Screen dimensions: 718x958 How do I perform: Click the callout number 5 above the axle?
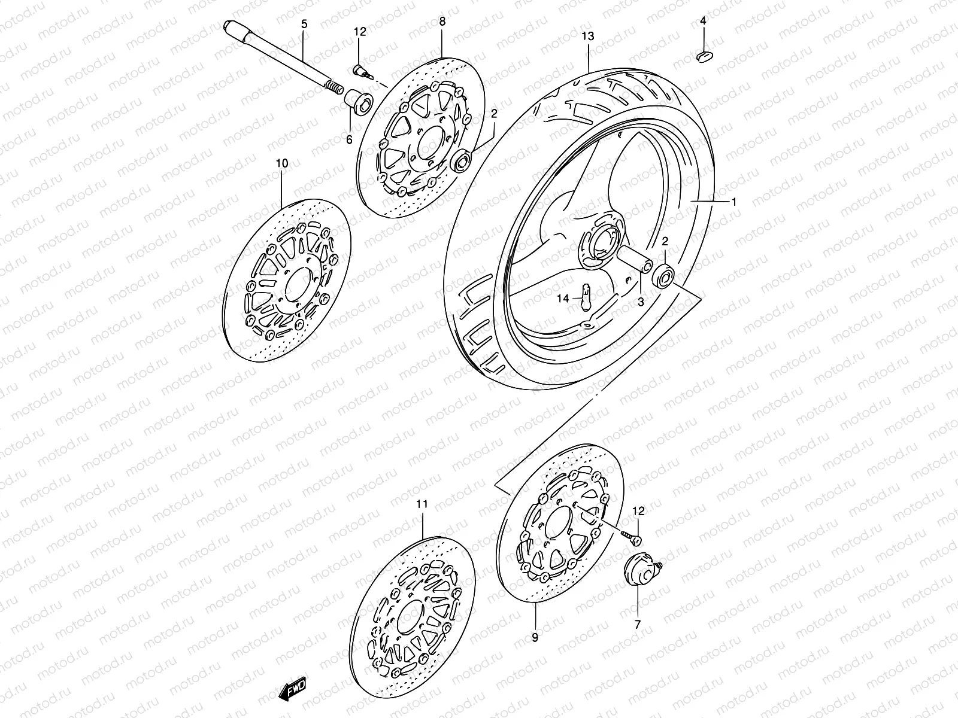304,25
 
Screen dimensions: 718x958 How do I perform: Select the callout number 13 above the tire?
587,36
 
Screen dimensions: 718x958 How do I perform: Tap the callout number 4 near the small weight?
703,22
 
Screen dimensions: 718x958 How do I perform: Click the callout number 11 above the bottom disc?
422,504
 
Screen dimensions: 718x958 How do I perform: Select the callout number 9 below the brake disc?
535,638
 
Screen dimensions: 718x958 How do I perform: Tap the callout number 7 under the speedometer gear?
637,624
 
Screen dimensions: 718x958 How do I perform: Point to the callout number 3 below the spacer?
640,303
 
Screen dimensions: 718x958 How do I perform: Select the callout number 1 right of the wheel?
734,202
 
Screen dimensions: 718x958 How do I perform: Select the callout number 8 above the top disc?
442,22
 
